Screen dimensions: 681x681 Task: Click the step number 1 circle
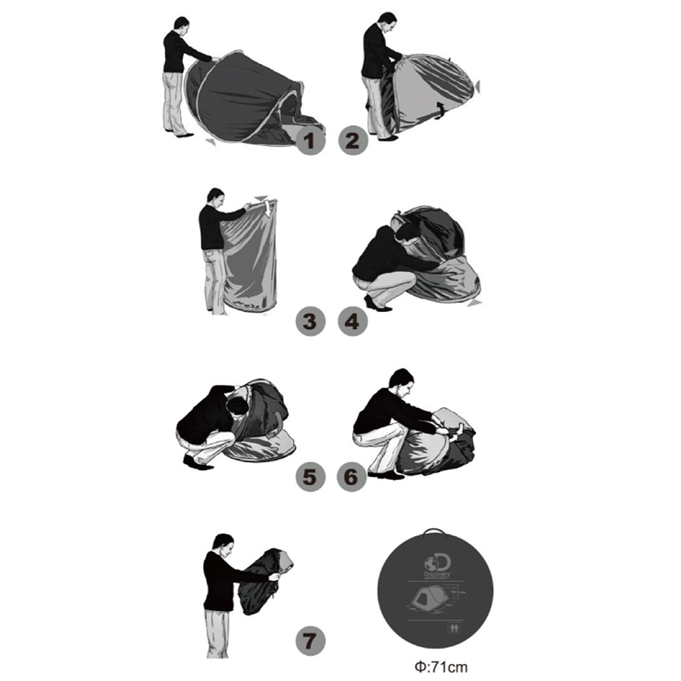coord(310,142)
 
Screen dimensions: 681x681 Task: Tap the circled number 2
coord(352,142)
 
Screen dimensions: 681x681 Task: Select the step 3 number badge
coord(310,321)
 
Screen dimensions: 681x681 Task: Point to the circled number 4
coord(352,321)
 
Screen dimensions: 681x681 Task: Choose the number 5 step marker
coord(310,477)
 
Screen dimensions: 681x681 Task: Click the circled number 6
coord(352,477)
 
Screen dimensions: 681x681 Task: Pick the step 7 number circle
coord(310,639)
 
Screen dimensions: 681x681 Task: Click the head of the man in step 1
coord(180,25)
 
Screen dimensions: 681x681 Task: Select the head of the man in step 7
coord(223,543)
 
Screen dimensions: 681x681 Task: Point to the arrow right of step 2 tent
coord(478,86)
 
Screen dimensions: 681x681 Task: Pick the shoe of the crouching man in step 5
coord(194,462)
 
